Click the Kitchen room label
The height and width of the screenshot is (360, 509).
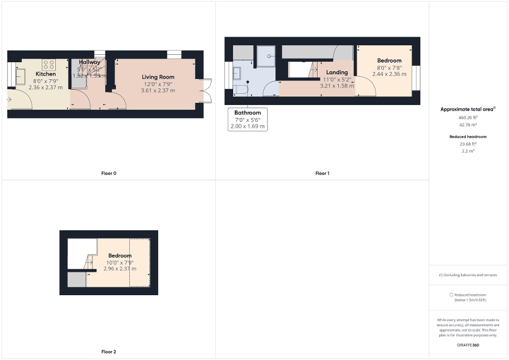[45, 74]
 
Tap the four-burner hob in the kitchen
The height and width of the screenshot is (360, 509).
[49, 65]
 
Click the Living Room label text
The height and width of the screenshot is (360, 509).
[157, 77]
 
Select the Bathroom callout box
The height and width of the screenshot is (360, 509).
[247, 120]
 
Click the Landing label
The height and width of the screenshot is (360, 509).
[337, 72]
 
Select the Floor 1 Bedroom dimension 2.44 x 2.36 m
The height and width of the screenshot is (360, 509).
[389, 74]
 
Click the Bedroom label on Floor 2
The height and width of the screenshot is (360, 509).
[120, 256]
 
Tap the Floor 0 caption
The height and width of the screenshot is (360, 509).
[109, 173]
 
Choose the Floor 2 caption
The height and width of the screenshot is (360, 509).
[109, 351]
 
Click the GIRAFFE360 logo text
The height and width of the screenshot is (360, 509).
[468, 344]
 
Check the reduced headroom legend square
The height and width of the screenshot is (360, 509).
[452, 295]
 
